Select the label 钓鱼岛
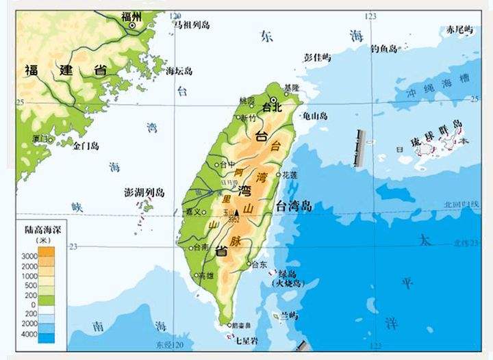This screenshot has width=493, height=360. [383, 49]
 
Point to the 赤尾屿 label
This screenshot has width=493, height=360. [459, 29]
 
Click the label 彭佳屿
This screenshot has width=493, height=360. [316, 57]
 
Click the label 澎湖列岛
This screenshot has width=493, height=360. [145, 192]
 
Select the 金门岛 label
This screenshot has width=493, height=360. [86, 146]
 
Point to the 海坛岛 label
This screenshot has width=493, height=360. [180, 70]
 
